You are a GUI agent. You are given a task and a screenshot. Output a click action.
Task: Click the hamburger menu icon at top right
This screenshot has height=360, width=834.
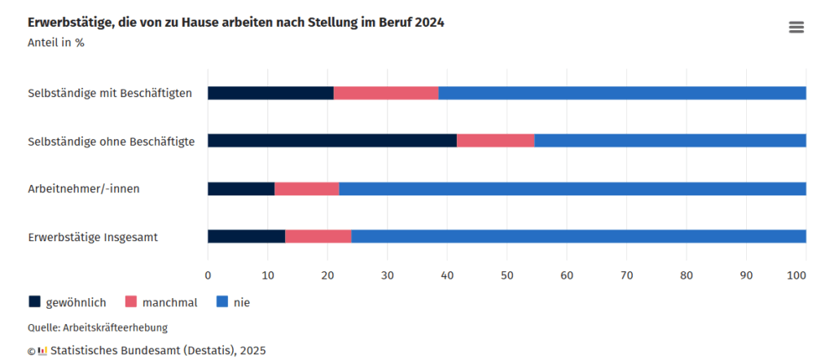[x=796, y=27]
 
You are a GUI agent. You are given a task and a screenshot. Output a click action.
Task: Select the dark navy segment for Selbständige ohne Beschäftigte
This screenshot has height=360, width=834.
[x=331, y=140]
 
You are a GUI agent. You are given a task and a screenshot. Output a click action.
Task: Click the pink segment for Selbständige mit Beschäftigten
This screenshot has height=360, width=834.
[x=386, y=93]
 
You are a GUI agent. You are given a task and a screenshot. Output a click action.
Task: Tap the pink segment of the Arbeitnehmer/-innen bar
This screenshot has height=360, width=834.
[x=306, y=189]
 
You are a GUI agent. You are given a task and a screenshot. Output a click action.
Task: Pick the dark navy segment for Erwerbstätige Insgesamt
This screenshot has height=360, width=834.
[x=246, y=237]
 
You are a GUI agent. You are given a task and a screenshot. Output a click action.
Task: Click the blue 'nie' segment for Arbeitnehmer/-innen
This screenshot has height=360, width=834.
[x=572, y=189]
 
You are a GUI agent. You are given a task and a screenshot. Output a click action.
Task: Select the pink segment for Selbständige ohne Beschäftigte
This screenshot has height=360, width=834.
[x=495, y=140]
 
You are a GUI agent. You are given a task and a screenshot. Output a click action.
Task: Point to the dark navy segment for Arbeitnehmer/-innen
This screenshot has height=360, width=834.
[x=241, y=189]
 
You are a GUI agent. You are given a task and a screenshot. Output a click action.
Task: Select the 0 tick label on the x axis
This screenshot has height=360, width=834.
[x=208, y=275]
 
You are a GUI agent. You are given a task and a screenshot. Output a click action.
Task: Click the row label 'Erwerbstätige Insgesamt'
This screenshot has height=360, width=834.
[x=93, y=238]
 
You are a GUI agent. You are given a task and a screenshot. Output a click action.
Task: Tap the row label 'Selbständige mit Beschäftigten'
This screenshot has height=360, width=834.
[x=110, y=93]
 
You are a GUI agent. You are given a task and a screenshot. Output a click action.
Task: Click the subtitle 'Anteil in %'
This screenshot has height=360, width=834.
[x=56, y=42]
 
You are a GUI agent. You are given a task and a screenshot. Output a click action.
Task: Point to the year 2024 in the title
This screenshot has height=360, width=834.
[x=428, y=23]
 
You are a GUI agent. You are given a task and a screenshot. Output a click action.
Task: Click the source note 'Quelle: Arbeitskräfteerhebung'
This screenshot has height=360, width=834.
[x=98, y=327]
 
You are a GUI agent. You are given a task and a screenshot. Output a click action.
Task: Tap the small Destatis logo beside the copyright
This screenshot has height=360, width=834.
[x=42, y=351]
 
